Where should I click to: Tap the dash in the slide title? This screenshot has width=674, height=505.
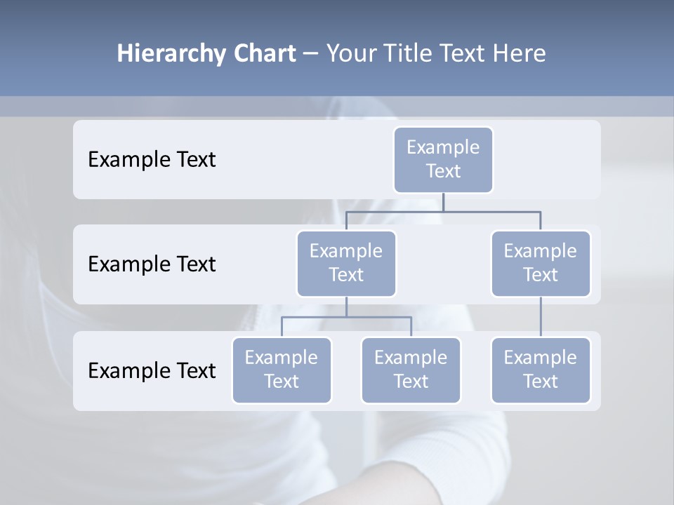click(x=310, y=54)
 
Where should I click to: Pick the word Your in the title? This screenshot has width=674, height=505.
click(x=352, y=54)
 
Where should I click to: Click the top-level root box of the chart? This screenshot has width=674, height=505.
click(x=443, y=159)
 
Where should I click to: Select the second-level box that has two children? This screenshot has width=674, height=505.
click(x=346, y=263)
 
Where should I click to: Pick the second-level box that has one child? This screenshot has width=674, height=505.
click(x=541, y=263)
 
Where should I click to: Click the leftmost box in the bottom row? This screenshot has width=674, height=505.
click(x=282, y=370)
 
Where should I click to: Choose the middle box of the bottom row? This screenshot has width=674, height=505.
click(x=411, y=370)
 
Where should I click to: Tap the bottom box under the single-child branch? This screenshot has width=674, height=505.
click(x=541, y=370)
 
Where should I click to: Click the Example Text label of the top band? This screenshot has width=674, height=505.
click(x=152, y=159)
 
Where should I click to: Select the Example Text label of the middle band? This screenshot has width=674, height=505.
click(x=152, y=264)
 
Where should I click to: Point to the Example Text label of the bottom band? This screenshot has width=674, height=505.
click(x=152, y=370)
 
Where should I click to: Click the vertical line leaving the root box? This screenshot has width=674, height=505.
click(x=443, y=202)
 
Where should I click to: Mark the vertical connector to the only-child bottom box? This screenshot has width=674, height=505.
click(x=541, y=317)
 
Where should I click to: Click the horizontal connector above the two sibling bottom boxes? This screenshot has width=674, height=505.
click(x=346, y=317)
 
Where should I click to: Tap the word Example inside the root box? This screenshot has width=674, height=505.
click(x=443, y=147)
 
